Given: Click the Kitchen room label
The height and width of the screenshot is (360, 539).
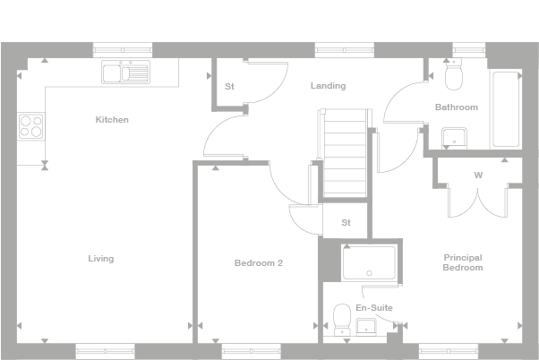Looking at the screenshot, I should (113, 119).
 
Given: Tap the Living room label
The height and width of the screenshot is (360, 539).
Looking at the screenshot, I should (101, 259).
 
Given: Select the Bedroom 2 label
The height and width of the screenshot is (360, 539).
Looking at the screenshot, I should (259, 263).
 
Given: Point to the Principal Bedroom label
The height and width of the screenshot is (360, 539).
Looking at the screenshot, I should (463, 262).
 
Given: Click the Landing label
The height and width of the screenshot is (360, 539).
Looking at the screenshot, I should (328, 86).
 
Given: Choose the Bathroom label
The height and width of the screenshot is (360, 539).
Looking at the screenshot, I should (457, 107).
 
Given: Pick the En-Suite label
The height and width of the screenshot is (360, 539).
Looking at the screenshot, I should (373, 307).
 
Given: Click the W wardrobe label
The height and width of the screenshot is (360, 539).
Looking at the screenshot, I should (478, 175).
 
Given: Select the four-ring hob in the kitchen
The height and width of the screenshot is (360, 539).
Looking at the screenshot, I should (30, 126).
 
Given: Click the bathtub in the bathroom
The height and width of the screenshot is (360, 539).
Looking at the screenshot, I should (506, 110).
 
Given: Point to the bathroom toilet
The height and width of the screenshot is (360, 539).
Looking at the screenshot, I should (453, 76).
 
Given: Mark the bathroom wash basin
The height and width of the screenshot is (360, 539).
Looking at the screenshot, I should (454, 137).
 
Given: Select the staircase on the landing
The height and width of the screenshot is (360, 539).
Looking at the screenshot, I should (346, 152).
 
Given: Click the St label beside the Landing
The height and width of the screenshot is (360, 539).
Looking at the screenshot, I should (229, 87).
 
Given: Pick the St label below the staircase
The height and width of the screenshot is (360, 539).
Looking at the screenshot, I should (346, 222).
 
